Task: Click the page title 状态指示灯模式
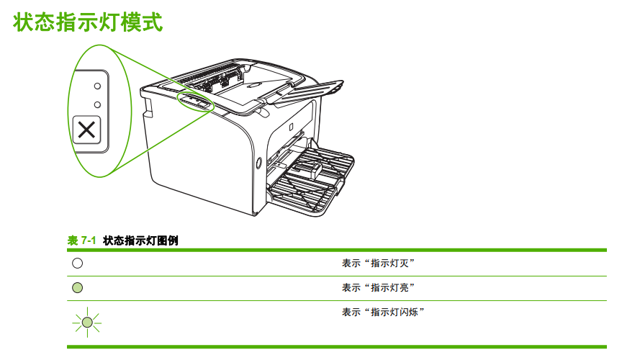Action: (x=88, y=22)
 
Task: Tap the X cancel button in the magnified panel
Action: (x=86, y=131)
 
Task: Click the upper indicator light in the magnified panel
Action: (x=96, y=85)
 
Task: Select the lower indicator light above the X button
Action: (x=96, y=104)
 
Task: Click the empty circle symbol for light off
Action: (x=78, y=264)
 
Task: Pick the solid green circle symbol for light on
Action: (x=78, y=288)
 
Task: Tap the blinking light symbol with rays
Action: (x=86, y=321)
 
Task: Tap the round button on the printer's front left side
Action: (x=258, y=162)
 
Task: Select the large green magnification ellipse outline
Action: (x=70, y=108)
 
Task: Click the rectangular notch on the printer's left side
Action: (x=148, y=107)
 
